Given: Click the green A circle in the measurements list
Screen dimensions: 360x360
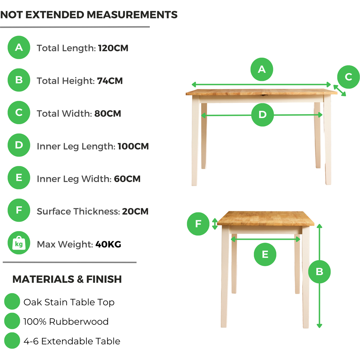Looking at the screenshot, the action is click(19, 48).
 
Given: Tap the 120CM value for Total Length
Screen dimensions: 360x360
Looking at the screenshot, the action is click(113, 48).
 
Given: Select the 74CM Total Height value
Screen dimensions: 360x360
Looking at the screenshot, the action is click(110, 81).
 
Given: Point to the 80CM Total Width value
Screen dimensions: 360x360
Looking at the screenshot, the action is click(108, 113).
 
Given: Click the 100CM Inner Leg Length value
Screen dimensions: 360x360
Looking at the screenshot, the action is click(133, 146).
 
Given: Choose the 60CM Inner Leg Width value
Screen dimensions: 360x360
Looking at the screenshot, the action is click(127, 179).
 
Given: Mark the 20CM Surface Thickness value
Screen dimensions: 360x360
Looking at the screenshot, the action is click(135, 211).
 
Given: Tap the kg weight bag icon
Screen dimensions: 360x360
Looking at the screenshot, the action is click(19, 243).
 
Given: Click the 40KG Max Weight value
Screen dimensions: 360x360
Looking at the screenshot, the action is click(108, 244).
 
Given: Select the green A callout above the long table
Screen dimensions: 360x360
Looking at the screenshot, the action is click(262, 69).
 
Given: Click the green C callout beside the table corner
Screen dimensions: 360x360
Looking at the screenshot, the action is click(348, 77).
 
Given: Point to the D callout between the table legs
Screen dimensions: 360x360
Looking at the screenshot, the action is click(262, 114).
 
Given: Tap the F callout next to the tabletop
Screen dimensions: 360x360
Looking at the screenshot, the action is click(198, 224).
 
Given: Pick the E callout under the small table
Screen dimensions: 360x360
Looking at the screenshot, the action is click(265, 255).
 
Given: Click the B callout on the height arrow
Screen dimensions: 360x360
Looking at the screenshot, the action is click(319, 271).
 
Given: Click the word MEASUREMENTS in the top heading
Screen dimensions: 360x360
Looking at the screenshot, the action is click(132, 15).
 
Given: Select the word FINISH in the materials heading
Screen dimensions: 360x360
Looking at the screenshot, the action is click(104, 279).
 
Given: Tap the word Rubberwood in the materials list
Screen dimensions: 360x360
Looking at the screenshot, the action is click(79, 321).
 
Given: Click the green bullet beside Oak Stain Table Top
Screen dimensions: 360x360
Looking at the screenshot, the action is click(12, 301).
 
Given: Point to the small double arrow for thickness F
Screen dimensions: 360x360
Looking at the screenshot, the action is click(215, 224).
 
